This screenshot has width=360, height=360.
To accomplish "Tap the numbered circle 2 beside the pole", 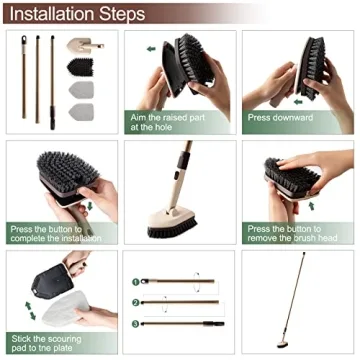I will (x=134, y=301).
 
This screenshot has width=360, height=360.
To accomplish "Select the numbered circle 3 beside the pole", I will (x=134, y=324).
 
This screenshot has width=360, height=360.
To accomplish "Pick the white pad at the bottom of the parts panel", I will (x=81, y=113).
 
